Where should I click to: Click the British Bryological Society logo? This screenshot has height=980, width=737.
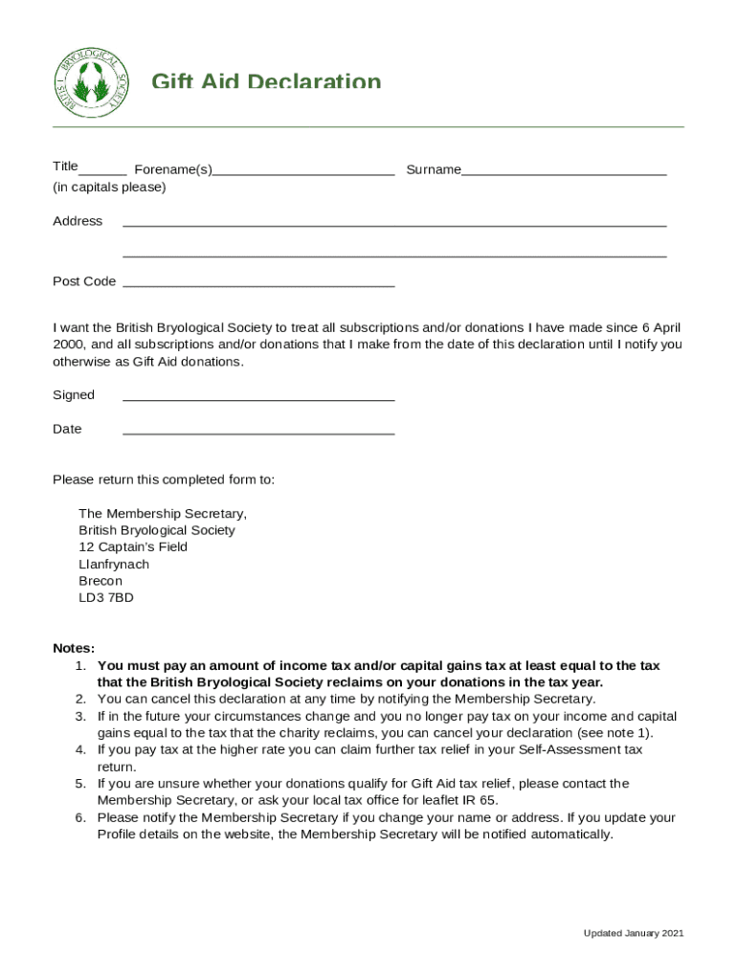point(90,82)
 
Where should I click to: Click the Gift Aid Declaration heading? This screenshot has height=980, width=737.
point(266,83)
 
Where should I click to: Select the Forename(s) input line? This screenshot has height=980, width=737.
point(303,174)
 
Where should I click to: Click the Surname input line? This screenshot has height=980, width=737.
point(564,174)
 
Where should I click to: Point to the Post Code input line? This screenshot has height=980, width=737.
point(258,285)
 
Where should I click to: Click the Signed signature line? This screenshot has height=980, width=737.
point(258,399)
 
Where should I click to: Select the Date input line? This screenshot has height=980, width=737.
point(258,434)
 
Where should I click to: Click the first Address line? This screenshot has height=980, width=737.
point(394,225)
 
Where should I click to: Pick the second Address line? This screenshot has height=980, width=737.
point(394,256)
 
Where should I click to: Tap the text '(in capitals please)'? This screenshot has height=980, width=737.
point(109,188)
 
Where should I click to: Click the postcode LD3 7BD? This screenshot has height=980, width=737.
point(106,598)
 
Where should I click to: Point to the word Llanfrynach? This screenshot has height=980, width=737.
point(114,565)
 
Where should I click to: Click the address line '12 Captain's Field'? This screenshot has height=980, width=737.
point(133,547)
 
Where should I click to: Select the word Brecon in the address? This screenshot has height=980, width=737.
point(100,581)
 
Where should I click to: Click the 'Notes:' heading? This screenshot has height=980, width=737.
point(74,648)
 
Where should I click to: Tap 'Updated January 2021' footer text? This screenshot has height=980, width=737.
point(634,933)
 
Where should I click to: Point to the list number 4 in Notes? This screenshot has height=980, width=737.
point(80,749)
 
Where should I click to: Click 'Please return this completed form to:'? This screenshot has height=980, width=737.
point(164,479)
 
